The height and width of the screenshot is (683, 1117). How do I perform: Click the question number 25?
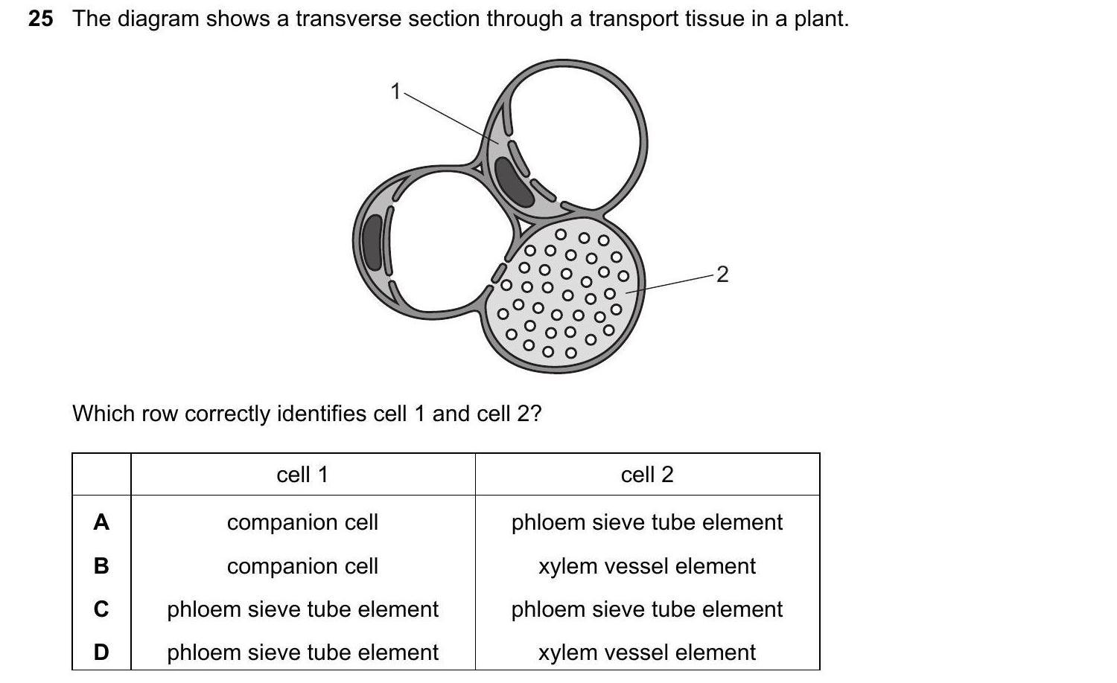coord(41,19)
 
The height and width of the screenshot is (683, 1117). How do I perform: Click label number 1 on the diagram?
coord(395,92)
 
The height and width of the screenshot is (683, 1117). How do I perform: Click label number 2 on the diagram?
coord(722,275)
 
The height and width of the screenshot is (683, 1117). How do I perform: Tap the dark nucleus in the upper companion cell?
coord(513,183)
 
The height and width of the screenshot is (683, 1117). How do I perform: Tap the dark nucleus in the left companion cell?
coord(372,241)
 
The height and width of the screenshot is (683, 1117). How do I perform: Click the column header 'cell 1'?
coord(302,475)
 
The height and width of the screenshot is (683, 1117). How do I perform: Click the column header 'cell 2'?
coord(647,475)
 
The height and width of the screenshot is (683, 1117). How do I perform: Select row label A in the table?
coord(101,522)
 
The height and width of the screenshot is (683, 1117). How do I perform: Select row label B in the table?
coord(101,566)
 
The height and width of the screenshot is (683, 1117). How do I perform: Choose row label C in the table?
coord(101,609)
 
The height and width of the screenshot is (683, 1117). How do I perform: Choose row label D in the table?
coord(101,652)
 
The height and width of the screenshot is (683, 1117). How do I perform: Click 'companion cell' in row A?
coord(302,522)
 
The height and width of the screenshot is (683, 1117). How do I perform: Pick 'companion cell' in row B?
coord(302,566)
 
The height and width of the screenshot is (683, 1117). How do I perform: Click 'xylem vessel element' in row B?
coord(647,566)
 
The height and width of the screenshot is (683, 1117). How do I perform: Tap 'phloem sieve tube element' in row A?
coord(647,522)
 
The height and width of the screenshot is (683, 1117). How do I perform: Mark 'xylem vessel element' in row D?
coord(647,652)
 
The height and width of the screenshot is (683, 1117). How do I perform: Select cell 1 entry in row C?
coord(302,609)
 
